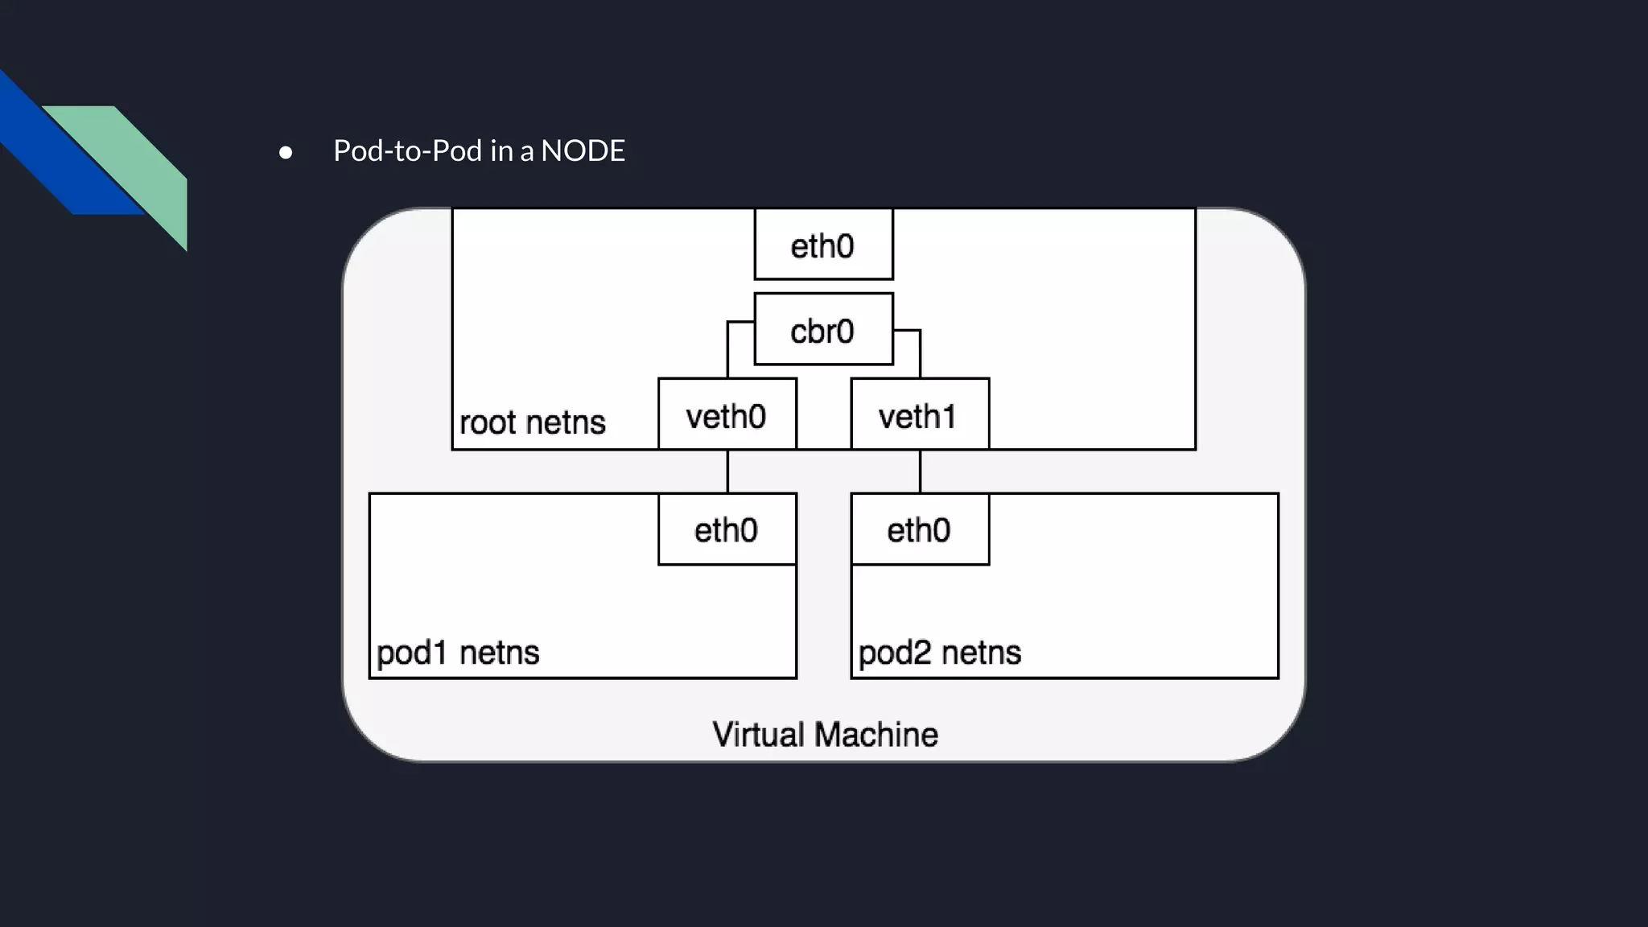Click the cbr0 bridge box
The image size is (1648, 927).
823,329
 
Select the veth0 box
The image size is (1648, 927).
727,414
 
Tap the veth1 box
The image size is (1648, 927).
920,414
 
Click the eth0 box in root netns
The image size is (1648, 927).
823,245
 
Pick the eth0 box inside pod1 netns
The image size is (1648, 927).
727,529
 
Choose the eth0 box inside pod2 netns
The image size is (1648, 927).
920,529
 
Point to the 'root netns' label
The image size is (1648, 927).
532,422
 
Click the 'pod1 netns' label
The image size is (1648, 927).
457,652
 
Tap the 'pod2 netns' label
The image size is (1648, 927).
939,652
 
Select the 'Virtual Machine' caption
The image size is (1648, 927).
825,735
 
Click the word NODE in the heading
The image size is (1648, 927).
583,151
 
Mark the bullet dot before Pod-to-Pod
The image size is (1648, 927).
286,152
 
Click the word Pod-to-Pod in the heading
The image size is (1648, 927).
407,151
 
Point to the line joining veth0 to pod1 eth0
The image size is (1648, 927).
727,472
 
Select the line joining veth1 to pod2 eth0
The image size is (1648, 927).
920,472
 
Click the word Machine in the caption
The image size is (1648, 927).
875,735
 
